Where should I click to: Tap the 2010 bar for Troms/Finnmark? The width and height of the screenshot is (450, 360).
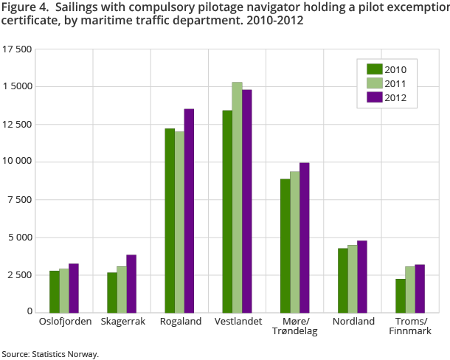click(400, 295)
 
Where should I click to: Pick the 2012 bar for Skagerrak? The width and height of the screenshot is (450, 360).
click(131, 283)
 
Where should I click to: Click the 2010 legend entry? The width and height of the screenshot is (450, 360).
click(387, 70)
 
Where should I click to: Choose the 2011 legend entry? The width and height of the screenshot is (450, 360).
click(387, 83)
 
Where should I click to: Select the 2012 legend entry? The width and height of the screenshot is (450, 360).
click(387, 97)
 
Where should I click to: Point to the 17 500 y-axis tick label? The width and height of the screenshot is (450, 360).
click(17, 49)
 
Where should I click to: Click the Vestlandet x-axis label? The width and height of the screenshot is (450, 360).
click(237, 322)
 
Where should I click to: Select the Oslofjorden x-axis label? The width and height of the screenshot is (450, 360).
click(65, 322)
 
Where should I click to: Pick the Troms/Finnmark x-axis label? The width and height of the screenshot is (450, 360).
click(409, 327)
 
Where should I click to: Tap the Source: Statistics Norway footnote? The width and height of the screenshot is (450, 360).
click(49, 354)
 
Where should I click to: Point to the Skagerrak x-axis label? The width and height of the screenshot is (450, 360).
click(122, 322)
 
